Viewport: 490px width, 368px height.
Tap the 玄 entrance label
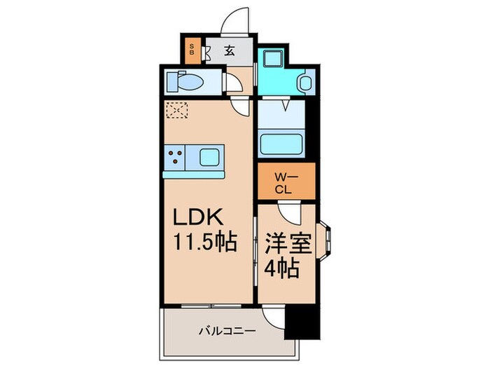coord(229,50)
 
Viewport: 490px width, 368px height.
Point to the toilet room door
coord(233,83)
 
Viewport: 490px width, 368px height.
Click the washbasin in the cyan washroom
coord(304,83)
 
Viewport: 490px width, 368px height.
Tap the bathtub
coord(282,143)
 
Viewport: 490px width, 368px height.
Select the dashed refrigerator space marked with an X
coord(177,109)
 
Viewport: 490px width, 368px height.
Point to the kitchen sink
coord(209,156)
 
